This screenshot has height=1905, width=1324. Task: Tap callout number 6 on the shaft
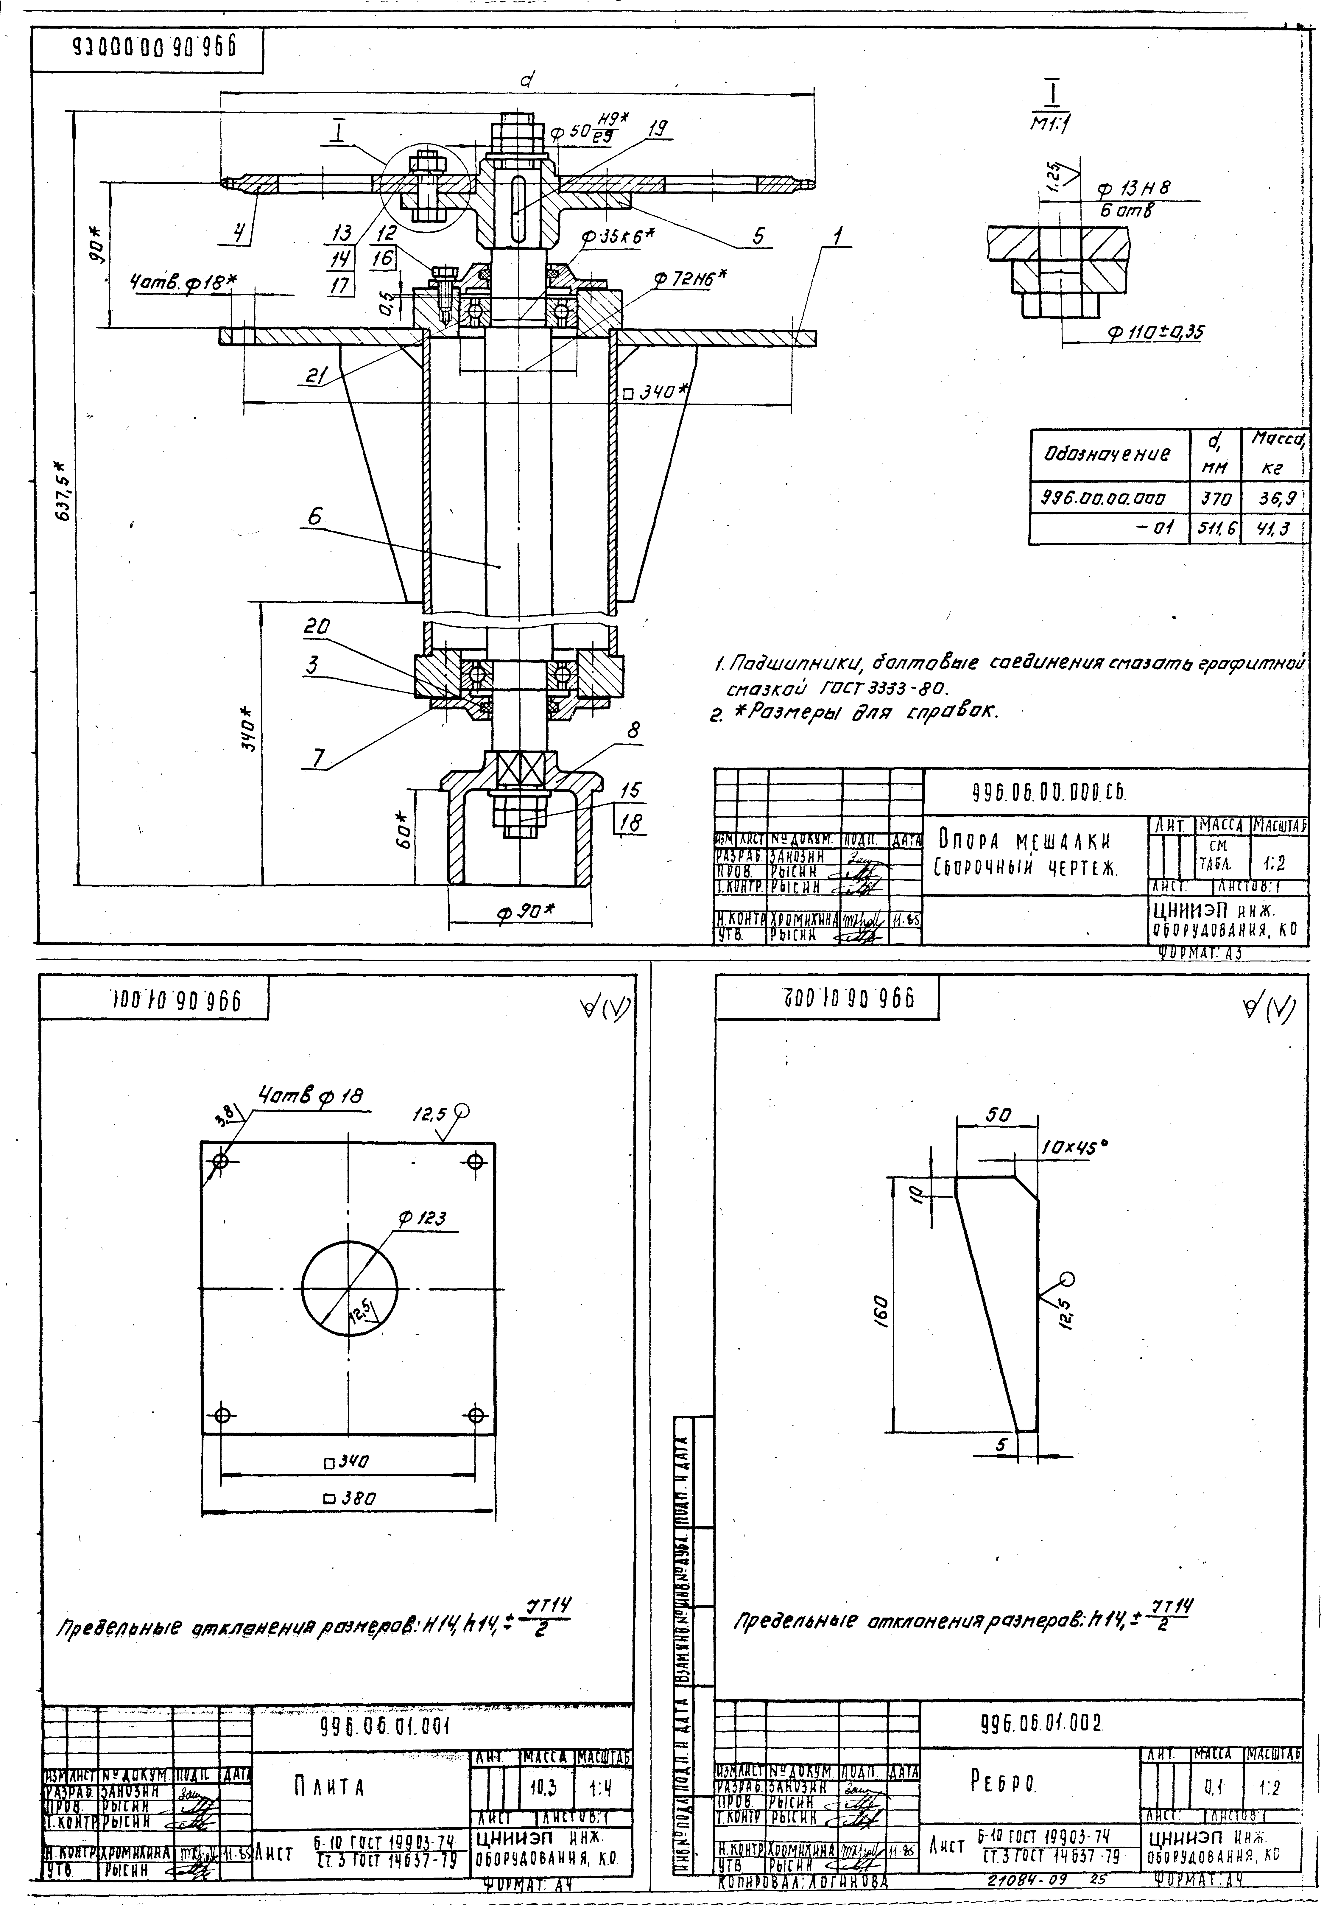pyautogui.click(x=315, y=516)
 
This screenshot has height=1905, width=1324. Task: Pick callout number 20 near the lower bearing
pyautogui.click(x=315, y=629)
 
